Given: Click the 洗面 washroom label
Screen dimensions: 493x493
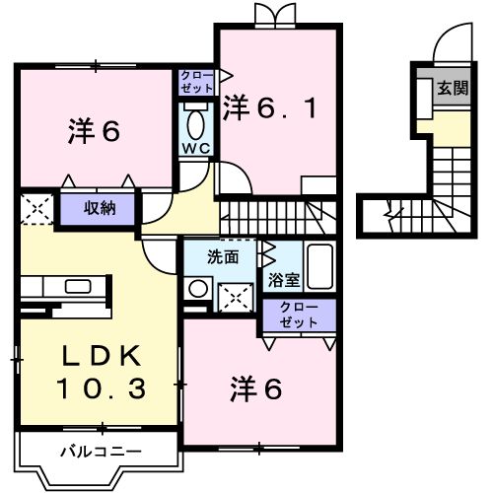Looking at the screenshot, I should coord(223,258).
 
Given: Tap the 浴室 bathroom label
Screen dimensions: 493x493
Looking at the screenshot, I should coord(279,279).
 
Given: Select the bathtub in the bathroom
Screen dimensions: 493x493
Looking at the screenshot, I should coord(317,265).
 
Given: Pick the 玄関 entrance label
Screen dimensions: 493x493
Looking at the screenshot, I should coord(453,89).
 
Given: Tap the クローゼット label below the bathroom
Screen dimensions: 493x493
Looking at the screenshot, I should coord(299,315).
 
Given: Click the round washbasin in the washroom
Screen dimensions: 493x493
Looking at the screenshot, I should coord(198,289).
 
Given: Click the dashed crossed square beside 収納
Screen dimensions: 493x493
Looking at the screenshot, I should coord(35,208).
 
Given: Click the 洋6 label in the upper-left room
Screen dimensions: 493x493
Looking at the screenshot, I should coord(95,131).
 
